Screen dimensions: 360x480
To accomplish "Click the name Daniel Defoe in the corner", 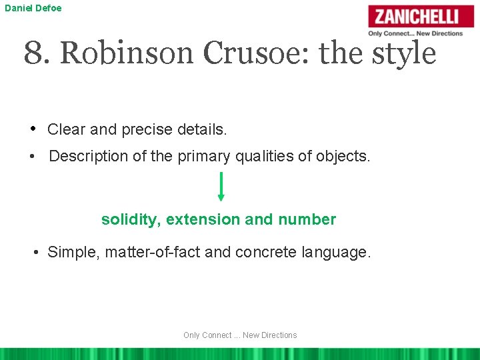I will click(x=33, y=8).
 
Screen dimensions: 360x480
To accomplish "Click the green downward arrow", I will click(x=221, y=187).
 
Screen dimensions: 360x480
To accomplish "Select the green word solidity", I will click(x=130, y=219).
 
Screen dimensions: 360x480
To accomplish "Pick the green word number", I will click(x=307, y=219).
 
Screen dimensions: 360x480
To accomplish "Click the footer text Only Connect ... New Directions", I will click(x=240, y=335).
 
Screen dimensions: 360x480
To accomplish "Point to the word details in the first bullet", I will click(x=203, y=129).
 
